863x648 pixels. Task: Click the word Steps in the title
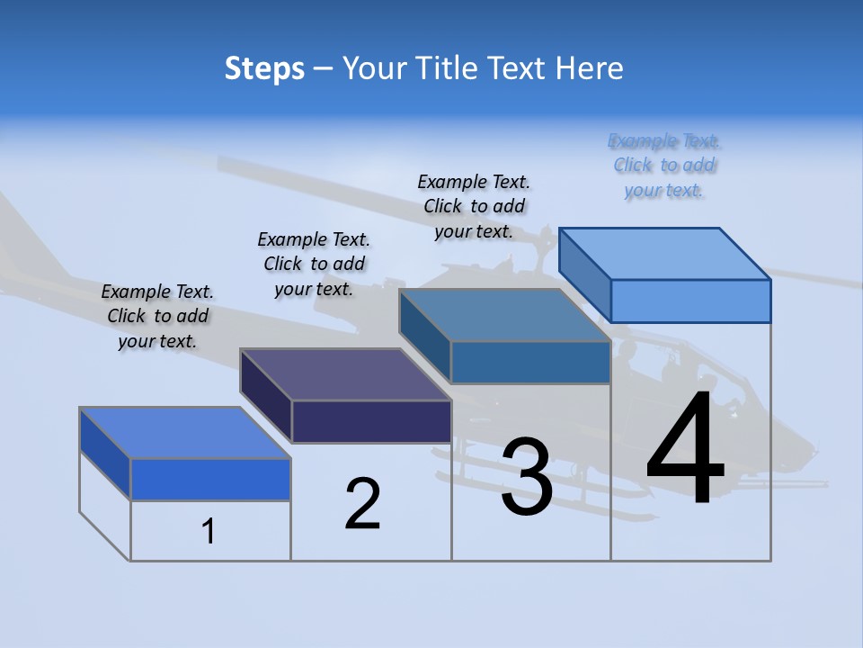click(264, 68)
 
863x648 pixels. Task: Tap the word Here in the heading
click(591, 68)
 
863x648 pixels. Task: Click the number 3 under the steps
click(527, 477)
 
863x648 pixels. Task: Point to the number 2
click(363, 504)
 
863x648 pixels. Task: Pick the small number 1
click(209, 531)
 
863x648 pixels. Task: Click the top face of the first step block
click(185, 432)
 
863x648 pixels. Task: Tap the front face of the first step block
click(210, 479)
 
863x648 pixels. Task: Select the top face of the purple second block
click(345, 373)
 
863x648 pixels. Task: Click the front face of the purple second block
click(371, 421)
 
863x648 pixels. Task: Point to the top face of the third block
click(504, 315)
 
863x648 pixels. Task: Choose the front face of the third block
click(530, 362)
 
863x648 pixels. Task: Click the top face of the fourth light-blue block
click(665, 253)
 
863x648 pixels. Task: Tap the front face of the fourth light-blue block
click(690, 301)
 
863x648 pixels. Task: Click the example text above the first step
click(157, 316)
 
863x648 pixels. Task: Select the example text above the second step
click(314, 264)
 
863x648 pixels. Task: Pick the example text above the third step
click(474, 206)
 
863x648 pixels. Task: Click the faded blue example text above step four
click(664, 165)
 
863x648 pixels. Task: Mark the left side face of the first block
click(105, 453)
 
